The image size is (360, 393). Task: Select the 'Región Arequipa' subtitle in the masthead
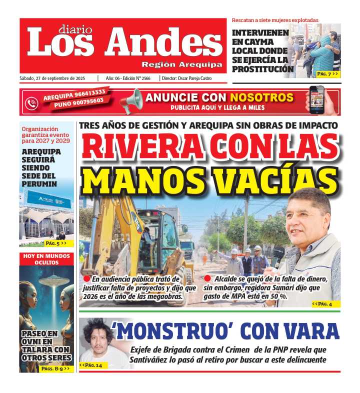(182, 64)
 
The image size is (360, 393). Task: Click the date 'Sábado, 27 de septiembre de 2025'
(55, 78)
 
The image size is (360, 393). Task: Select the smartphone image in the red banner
(316, 99)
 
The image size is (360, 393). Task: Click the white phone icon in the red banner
(31, 102)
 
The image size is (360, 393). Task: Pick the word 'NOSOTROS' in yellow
(262, 97)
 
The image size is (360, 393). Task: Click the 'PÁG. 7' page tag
(327, 74)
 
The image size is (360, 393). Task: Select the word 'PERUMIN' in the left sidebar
(39, 183)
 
